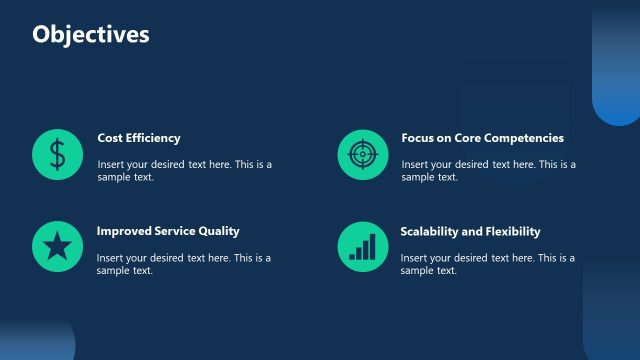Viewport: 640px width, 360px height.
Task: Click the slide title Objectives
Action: [x=91, y=35]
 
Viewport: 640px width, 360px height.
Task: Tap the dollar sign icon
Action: [x=58, y=154]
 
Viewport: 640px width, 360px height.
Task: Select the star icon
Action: [x=58, y=246]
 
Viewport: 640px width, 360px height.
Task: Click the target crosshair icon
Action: [x=362, y=154]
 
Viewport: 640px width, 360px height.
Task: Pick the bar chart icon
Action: [x=362, y=246]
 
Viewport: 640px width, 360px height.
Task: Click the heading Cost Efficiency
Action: [x=139, y=138]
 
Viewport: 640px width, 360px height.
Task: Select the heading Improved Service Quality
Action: [x=168, y=231]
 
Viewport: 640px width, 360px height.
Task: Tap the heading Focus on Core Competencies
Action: [x=482, y=138]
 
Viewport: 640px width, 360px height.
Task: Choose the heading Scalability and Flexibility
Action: [x=470, y=231]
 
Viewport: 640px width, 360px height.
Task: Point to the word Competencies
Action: [x=526, y=138]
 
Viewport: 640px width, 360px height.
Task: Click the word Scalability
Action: [x=429, y=231]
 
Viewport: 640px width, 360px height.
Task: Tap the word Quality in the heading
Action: [x=219, y=231]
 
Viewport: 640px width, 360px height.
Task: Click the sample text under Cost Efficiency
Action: [x=184, y=170]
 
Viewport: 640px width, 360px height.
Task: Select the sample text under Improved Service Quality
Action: [x=184, y=264]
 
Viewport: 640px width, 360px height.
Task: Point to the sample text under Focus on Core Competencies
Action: [x=488, y=170]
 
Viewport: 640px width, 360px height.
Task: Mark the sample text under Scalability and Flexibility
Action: [x=488, y=264]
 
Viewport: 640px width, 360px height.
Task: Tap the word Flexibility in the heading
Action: [x=511, y=231]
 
